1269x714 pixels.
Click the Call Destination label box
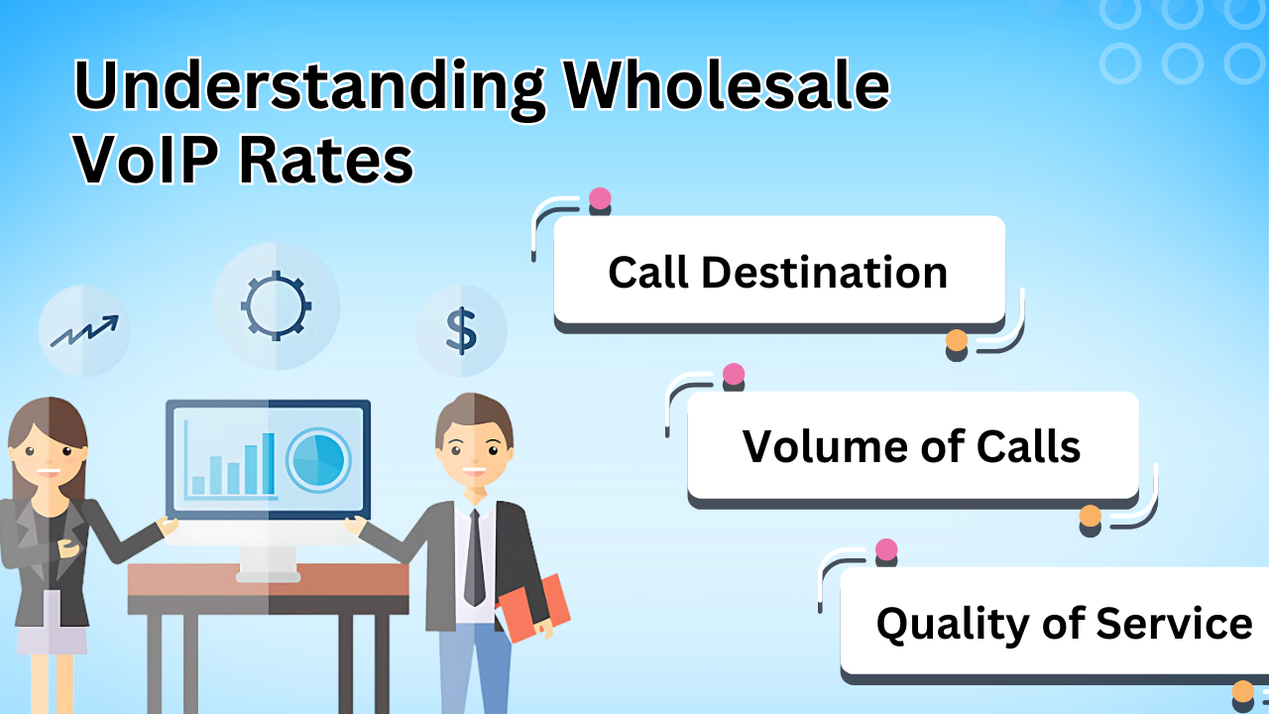(x=778, y=272)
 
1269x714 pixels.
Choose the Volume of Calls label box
(x=912, y=445)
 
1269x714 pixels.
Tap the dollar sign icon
(x=461, y=330)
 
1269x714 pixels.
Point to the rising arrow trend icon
(x=83, y=330)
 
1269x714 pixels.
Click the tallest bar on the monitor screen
(x=267, y=463)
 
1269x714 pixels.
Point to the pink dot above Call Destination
(x=600, y=198)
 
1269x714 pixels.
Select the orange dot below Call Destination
(x=957, y=340)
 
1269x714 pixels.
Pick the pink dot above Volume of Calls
(x=734, y=374)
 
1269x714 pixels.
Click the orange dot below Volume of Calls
(x=1090, y=516)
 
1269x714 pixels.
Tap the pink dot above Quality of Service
(x=886, y=549)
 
